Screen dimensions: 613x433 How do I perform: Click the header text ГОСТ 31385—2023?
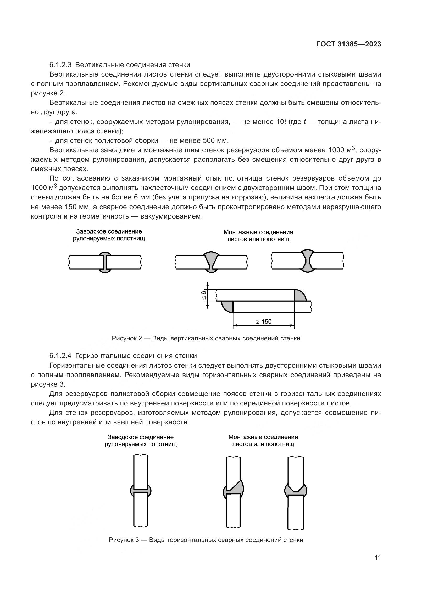click(x=349, y=44)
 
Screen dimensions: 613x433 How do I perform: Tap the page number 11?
click(x=378, y=557)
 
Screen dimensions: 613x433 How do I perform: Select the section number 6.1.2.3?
click(x=60, y=65)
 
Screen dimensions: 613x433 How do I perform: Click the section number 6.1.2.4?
click(x=60, y=356)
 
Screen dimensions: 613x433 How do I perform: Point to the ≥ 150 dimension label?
click(x=264, y=322)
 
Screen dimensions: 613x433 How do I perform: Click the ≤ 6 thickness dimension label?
click(x=204, y=295)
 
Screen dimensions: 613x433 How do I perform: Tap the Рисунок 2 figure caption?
click(x=206, y=338)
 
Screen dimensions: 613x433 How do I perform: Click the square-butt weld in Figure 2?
click(x=105, y=262)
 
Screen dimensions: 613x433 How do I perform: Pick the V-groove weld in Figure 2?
click(x=211, y=262)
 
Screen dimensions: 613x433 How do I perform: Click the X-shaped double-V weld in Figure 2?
click(x=308, y=261)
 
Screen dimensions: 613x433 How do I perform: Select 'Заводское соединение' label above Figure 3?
click(x=141, y=437)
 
